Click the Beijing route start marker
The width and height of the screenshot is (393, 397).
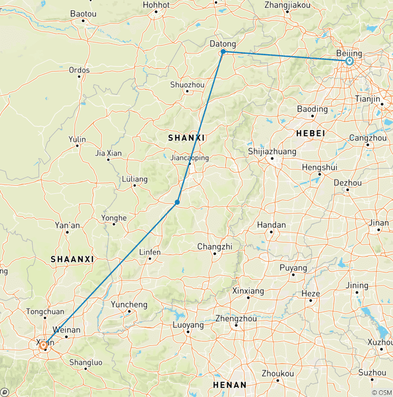[350, 61]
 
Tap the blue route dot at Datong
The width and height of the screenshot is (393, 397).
[223, 52]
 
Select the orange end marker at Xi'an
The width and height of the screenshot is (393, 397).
[43, 345]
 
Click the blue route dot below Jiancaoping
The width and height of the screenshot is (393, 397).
[177, 203]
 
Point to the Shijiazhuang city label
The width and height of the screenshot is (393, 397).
[272, 151]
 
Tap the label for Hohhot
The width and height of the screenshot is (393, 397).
[156, 5]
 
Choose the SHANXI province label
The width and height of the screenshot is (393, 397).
[187, 138]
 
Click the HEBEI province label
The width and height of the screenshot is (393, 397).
[311, 133]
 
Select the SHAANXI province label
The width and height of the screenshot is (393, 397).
[72, 259]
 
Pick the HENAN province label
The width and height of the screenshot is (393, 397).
[230, 385]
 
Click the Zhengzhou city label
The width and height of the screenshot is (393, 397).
[236, 318]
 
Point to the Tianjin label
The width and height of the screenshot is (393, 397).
[367, 98]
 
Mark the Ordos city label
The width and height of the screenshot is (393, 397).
[79, 70]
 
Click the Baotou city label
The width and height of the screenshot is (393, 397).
[83, 14]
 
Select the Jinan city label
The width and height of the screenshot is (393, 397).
[378, 223]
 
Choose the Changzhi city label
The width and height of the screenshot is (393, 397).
[215, 247]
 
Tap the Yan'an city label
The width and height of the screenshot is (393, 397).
[67, 225]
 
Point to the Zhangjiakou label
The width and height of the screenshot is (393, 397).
[288, 5]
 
